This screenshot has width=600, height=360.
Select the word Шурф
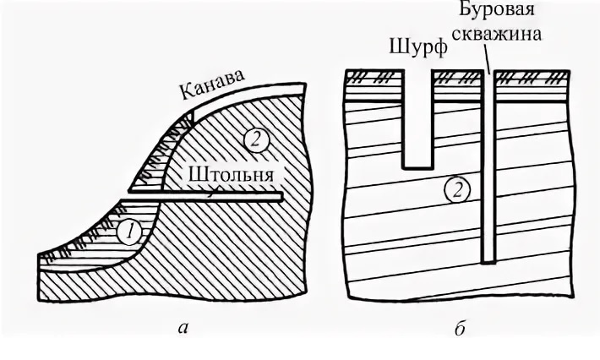pyautogui.click(x=414, y=46)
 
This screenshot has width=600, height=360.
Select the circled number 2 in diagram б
pyautogui.click(x=455, y=191)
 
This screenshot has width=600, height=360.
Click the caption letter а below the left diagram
pyautogui.click(x=183, y=330)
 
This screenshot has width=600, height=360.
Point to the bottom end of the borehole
pyautogui.click(x=488, y=258)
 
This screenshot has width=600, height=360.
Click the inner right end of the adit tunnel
pyautogui.click(x=279, y=198)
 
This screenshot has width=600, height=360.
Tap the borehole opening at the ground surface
pyautogui.click(x=488, y=72)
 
